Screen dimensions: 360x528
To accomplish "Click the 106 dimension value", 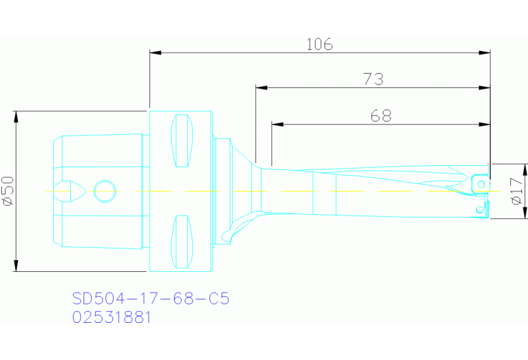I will [319, 45].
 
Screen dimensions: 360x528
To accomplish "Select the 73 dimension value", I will [372, 80].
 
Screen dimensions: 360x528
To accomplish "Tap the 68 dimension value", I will [381, 116].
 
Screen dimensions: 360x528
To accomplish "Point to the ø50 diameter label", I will [8, 191].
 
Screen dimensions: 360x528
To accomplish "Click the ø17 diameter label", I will [516, 191].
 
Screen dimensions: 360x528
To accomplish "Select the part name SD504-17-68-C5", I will [150, 299].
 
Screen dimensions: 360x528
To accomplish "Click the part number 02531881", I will [112, 317].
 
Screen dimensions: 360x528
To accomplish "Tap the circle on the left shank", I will [105, 191].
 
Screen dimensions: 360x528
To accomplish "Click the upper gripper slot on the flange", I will [182, 141].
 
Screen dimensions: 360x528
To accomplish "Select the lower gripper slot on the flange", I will [182, 242].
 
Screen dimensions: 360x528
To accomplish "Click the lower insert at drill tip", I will [479, 209].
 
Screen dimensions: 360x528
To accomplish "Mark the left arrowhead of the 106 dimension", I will [154, 52].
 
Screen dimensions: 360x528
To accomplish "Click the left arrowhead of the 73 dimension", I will [260, 87].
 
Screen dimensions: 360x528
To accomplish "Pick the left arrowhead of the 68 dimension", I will [277, 124].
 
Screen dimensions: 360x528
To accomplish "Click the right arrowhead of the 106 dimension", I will [485, 52].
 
